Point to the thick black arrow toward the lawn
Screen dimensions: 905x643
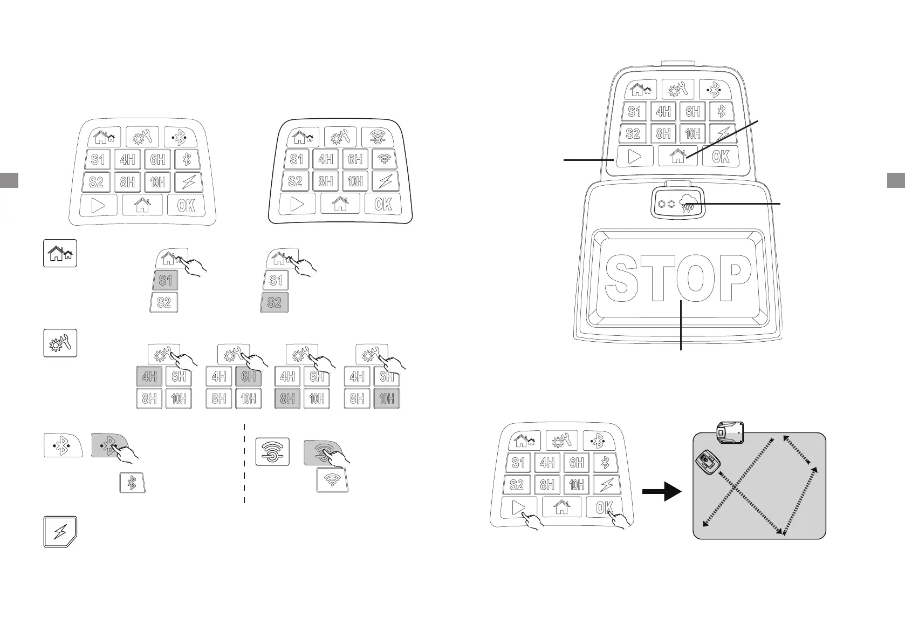point(662,492)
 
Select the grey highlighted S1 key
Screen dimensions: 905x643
point(166,280)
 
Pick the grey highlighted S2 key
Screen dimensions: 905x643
point(275,302)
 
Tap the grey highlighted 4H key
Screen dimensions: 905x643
point(149,376)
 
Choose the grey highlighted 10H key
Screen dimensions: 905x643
point(386,399)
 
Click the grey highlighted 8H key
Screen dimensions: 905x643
point(287,399)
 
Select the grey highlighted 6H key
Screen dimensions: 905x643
point(248,376)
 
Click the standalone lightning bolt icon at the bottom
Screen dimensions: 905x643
point(60,532)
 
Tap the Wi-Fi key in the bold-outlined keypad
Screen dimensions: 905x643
point(385,159)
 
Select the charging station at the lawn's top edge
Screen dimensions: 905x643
point(730,432)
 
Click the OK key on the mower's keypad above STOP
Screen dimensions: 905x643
point(721,157)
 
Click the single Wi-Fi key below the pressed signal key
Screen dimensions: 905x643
point(332,480)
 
